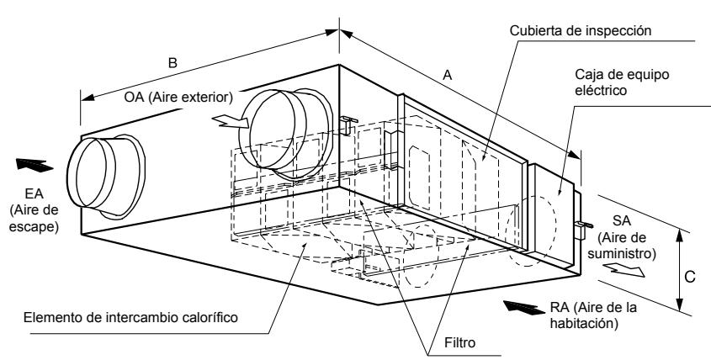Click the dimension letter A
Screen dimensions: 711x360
[448, 75]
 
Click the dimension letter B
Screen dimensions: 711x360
[172, 62]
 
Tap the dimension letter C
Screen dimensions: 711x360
[689, 277]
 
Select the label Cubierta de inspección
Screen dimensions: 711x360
[581, 30]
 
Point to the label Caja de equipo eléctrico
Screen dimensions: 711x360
[622, 82]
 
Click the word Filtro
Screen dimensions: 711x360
[459, 342]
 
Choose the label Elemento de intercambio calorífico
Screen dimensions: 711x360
[130, 317]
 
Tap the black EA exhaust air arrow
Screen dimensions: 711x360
[34, 165]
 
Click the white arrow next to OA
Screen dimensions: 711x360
[230, 121]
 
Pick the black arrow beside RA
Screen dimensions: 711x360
[524, 307]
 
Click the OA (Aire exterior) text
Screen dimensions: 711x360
[178, 97]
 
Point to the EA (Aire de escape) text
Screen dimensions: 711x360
[34, 210]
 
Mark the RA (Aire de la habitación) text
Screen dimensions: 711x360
[593, 315]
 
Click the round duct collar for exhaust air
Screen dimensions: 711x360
[106, 177]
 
